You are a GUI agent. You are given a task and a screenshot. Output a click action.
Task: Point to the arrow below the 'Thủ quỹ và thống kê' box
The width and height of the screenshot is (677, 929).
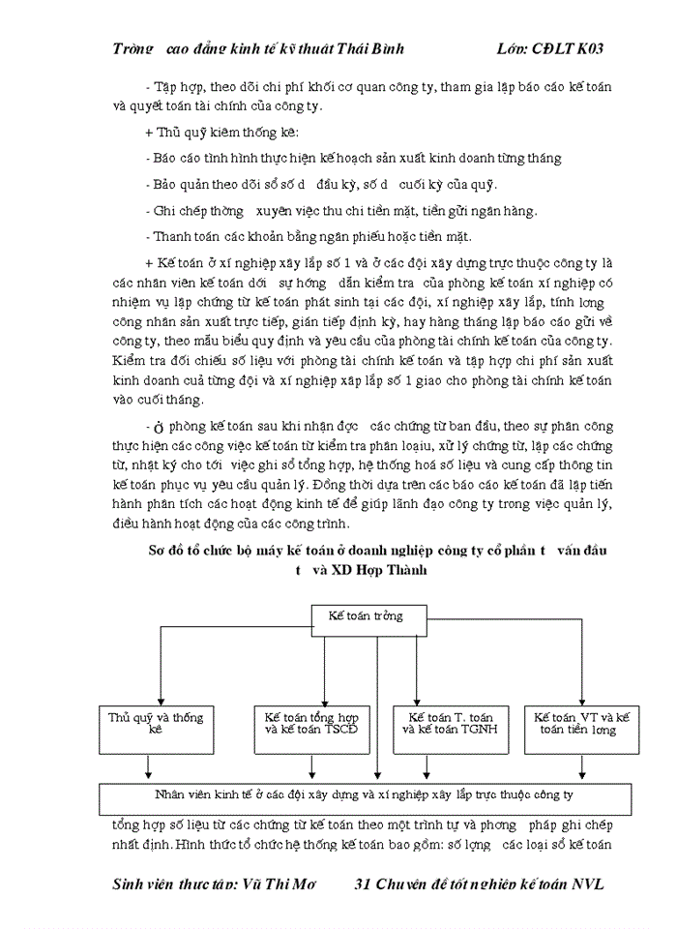point(148,767)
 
